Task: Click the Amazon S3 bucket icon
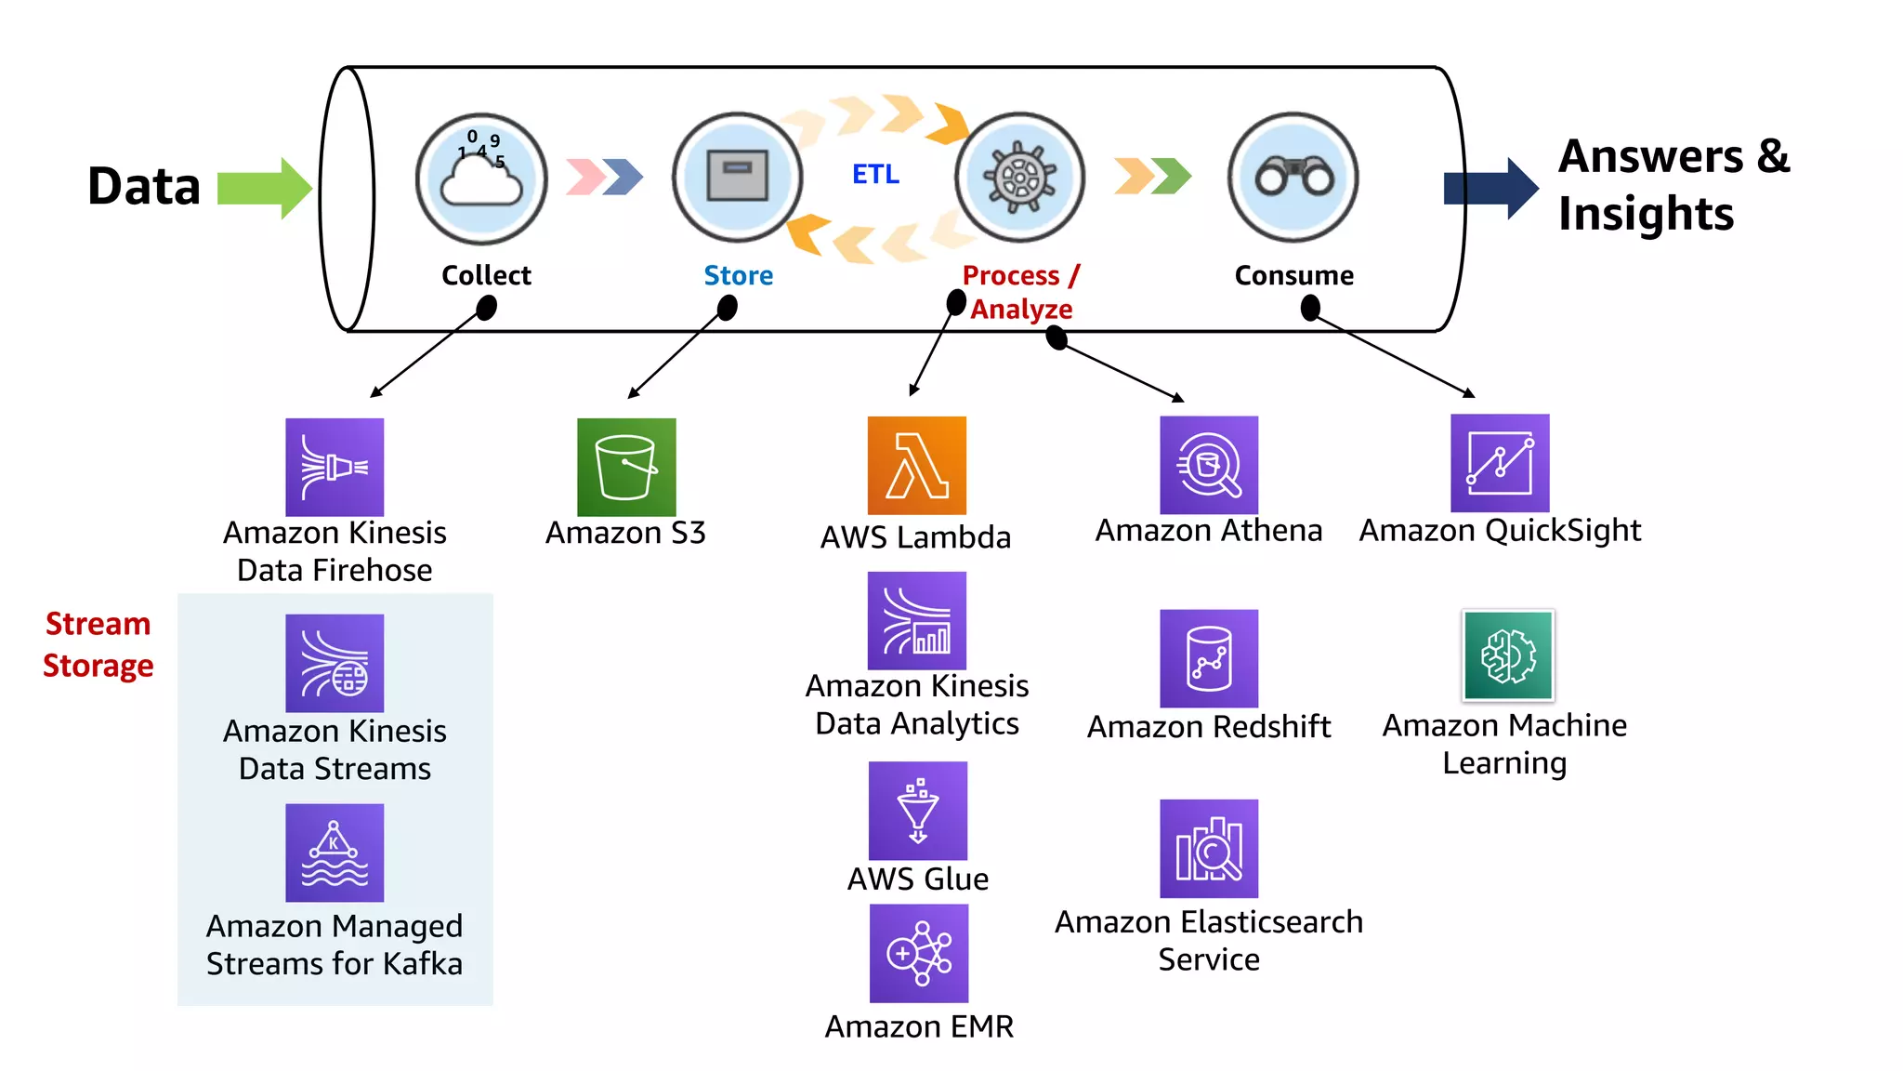tap(626, 467)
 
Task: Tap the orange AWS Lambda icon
tap(916, 465)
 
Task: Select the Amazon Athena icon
tap(1208, 465)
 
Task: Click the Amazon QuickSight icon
tap(1500, 463)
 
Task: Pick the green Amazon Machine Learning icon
tap(1507, 655)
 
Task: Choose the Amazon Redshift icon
tap(1208, 658)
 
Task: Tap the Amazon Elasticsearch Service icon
tap(1208, 848)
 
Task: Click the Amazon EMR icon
tap(918, 953)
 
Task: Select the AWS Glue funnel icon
tap(917, 811)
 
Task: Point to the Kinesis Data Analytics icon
tap(916, 620)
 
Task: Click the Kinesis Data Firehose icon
tap(335, 467)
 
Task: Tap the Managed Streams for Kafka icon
tap(335, 853)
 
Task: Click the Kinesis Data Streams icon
tap(335, 663)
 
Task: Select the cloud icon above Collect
tap(481, 178)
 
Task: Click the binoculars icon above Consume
tap(1293, 178)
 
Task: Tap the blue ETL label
tap(875, 175)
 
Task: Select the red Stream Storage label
tap(98, 644)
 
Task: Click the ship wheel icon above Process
tap(1020, 177)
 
